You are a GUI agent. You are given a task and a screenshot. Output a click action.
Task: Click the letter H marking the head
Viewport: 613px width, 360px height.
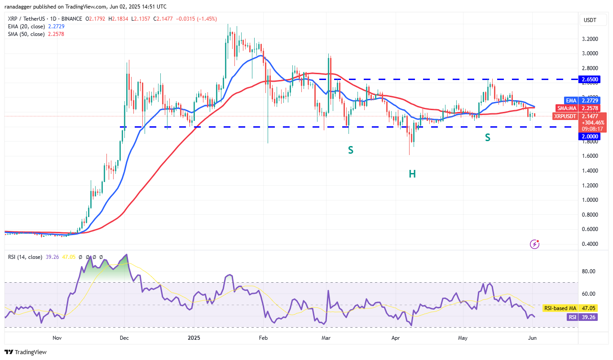tap(412, 173)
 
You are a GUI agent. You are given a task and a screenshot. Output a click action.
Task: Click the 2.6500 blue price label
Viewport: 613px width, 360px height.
tap(589, 79)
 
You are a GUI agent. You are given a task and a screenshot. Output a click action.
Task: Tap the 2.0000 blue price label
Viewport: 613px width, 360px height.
tap(589, 136)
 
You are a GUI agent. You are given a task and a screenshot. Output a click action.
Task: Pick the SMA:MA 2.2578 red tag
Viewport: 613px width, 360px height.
tap(584, 108)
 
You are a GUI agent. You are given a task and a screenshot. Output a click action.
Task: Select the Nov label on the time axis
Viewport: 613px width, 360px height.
tap(57, 338)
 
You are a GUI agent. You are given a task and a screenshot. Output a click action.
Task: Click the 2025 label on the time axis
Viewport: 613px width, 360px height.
tap(194, 338)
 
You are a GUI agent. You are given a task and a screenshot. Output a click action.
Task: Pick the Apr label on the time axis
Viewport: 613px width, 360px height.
tap(396, 338)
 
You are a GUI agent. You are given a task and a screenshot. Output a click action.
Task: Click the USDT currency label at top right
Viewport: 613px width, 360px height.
tap(590, 20)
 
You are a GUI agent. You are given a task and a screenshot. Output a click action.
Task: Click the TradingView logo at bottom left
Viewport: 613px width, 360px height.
tap(26, 352)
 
